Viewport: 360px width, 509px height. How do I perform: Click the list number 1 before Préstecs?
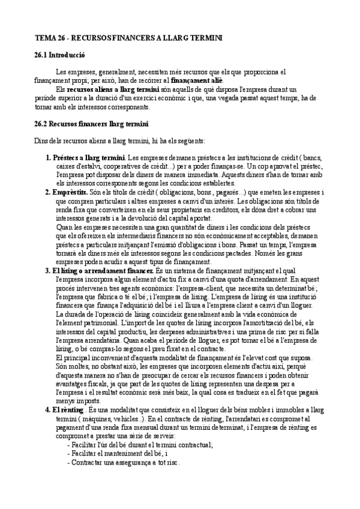point(48,157)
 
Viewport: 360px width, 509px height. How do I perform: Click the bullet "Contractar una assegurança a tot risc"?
point(125,462)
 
